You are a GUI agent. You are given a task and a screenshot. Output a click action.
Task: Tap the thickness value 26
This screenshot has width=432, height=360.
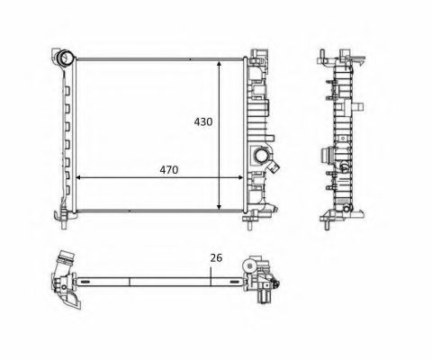214,258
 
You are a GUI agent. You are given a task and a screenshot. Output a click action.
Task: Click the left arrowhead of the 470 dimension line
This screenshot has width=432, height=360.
78,177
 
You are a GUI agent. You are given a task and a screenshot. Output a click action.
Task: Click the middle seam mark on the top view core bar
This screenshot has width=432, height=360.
131,279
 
